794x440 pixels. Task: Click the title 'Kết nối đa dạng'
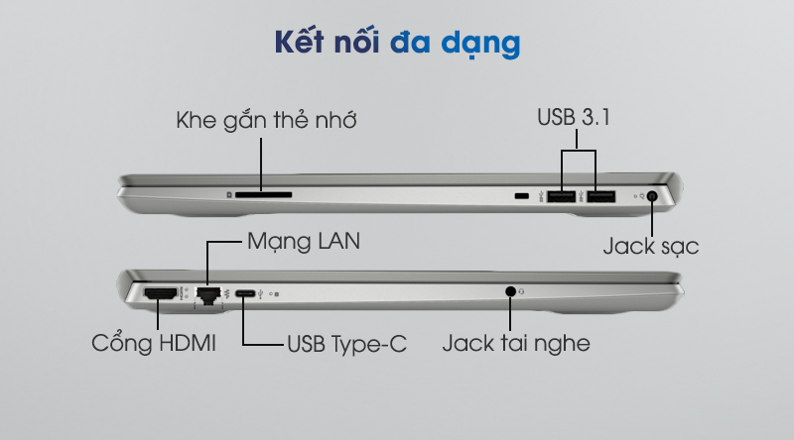pos(398,43)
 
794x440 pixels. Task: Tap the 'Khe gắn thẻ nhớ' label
pos(266,120)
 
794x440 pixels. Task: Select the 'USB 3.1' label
pos(574,117)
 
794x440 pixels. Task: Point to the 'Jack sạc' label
pos(651,247)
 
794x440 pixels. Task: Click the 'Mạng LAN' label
pos(304,241)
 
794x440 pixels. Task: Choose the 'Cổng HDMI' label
pos(154,344)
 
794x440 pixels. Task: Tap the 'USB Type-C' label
pos(346,345)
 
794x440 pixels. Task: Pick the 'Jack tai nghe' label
pos(516,344)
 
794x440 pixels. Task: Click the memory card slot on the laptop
pos(263,194)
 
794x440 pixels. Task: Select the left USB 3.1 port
pos(561,196)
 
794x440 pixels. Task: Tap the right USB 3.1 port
pos(601,196)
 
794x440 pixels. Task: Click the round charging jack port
pos(652,196)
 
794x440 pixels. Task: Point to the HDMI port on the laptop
pos(161,292)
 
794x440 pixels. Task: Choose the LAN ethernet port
pos(208,295)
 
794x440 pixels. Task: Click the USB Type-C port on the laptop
pos(245,293)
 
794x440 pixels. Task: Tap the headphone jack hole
pos(510,291)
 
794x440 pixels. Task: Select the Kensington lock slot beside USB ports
pos(522,196)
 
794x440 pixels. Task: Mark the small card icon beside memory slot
pos(229,194)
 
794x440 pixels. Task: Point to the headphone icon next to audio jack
pos(522,291)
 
